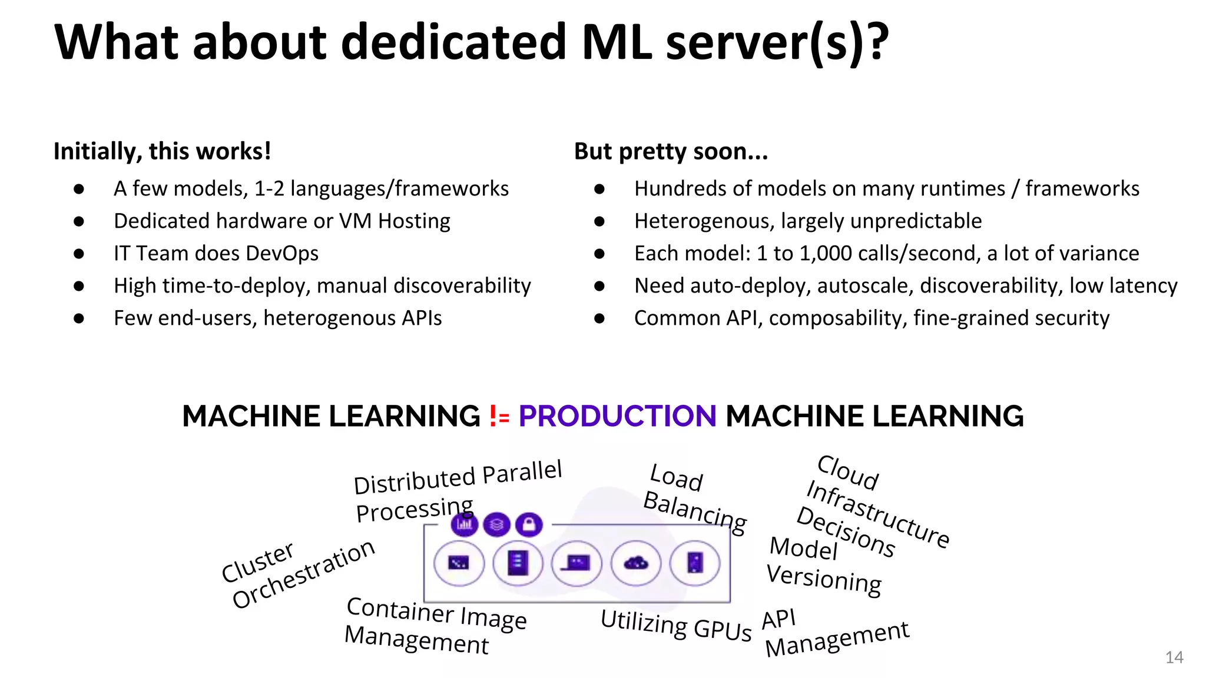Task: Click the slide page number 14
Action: click(1174, 657)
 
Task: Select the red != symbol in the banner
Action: click(499, 417)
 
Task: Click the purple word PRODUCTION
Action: click(617, 416)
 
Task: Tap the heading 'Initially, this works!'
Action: click(162, 151)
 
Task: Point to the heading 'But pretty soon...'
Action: click(671, 151)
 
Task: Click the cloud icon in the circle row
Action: click(636, 563)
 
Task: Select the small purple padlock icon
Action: click(529, 524)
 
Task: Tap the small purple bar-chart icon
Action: click(464, 524)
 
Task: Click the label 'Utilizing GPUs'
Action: click(675, 625)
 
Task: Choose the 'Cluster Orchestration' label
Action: click(297, 574)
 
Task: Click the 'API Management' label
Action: click(833, 634)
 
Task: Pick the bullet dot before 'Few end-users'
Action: click(79, 318)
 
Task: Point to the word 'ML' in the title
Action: click(617, 42)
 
